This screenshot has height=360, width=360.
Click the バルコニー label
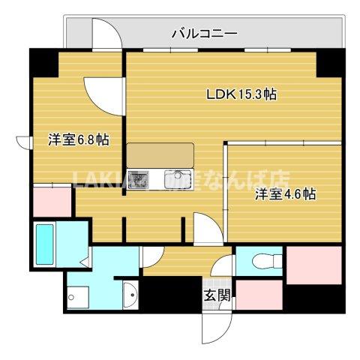click(x=205, y=33)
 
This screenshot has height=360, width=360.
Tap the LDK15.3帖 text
click(x=242, y=94)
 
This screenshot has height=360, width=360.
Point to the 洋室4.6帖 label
click(x=284, y=194)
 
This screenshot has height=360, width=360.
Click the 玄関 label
click(x=214, y=295)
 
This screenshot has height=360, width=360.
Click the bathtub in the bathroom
click(x=44, y=244)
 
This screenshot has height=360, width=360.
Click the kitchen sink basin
click(x=173, y=180)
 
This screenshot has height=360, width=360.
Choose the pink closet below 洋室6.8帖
click(x=51, y=201)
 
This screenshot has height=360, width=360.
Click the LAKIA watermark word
click(x=97, y=178)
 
